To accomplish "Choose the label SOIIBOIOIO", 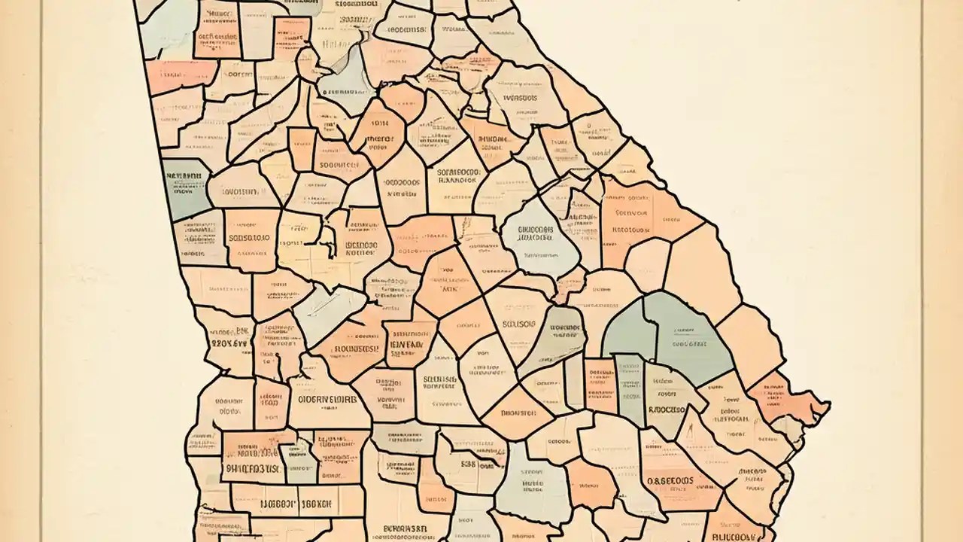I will (x=249, y=238).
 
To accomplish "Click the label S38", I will (x=466, y=464).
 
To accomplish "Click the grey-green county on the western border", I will (x=185, y=188).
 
